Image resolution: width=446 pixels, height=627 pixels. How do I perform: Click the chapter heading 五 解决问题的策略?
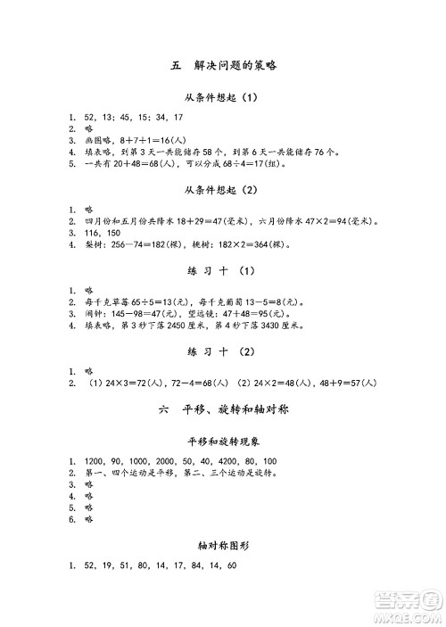[222, 66]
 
